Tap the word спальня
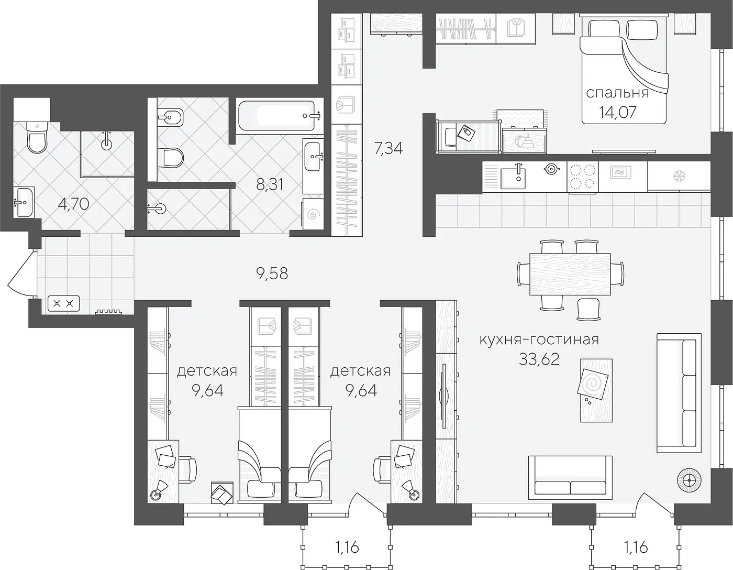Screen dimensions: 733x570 click(617, 93)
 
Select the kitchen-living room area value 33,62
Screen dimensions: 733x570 click(539, 359)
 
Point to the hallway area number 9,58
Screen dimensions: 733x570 click(272, 273)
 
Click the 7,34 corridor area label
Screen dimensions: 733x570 click(388, 148)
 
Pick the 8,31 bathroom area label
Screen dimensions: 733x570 click(270, 184)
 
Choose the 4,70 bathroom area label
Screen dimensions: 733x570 click(73, 204)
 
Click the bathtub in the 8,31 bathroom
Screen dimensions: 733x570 click(279, 116)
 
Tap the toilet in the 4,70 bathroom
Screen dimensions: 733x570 click(37, 138)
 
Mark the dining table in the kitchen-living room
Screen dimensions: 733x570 click(570, 274)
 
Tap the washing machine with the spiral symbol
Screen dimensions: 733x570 click(313, 214)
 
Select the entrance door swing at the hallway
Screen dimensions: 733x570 click(21, 273)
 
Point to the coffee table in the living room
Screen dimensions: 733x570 click(596, 390)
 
